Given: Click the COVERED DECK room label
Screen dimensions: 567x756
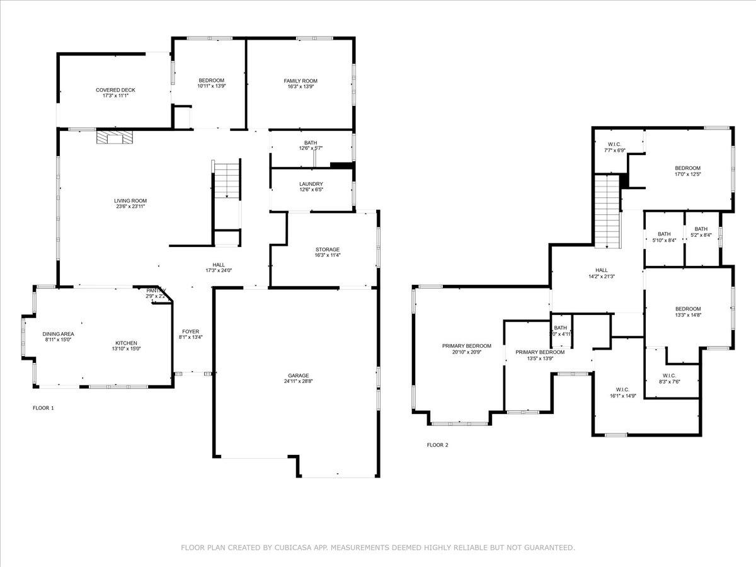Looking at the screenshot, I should point(115,90).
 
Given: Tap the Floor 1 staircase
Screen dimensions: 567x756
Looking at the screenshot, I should point(227,181).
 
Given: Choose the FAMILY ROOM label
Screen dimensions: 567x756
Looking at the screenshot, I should point(300,81).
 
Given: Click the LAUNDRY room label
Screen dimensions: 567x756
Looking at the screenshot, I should point(311,184).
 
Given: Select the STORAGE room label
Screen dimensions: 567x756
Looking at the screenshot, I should point(327,249).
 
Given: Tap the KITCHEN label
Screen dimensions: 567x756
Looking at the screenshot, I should point(124,343).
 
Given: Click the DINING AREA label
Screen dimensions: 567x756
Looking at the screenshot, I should point(59,334).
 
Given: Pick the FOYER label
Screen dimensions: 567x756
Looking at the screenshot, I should point(190,331).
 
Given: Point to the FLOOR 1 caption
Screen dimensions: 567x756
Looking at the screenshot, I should point(43,408).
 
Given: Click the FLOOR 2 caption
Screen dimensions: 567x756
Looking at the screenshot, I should point(438,445).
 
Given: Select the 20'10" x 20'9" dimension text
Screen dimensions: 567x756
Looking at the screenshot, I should point(466,353).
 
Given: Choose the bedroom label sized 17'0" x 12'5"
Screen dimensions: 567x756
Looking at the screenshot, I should point(687,168).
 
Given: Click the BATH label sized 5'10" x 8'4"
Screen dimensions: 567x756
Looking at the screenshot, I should point(664,233).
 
